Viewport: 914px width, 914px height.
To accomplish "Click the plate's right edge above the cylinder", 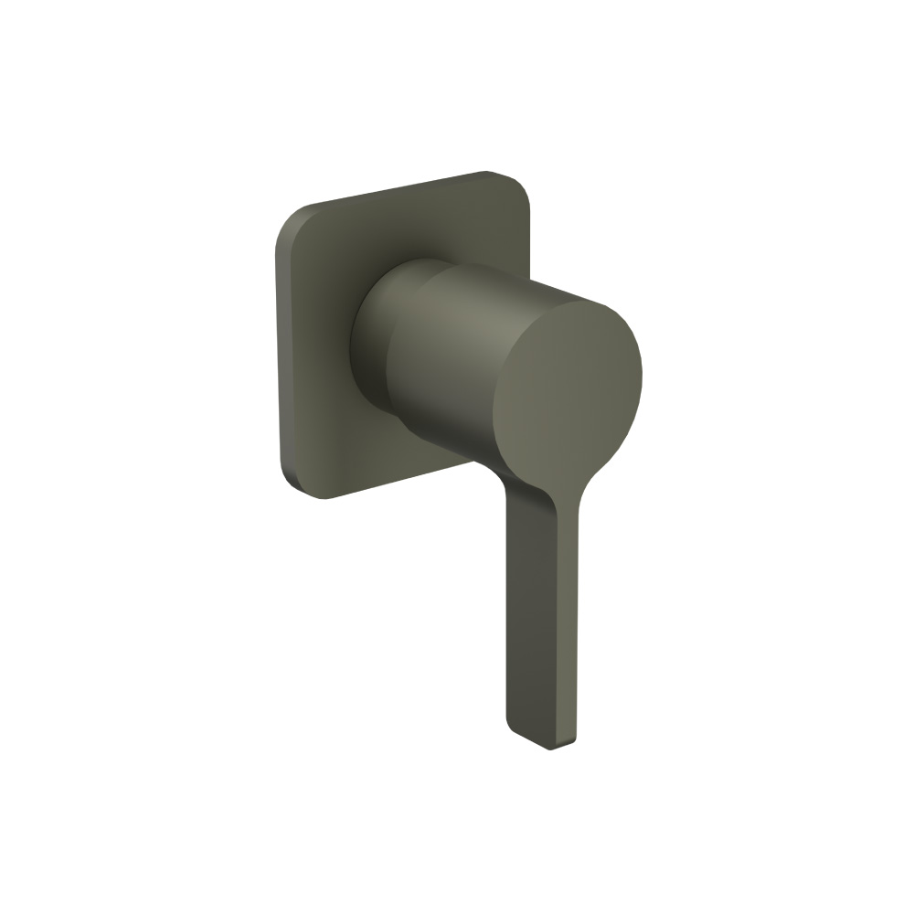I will (x=523, y=228).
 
